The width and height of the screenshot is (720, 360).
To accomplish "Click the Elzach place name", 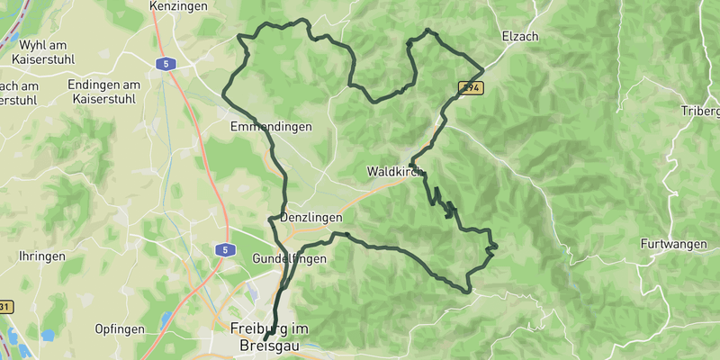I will pyautogui.click(x=519, y=37).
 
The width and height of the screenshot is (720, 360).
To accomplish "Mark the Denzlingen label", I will pyautogui.click(x=312, y=219).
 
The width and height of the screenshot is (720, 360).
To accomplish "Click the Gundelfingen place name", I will pyautogui.click(x=289, y=258).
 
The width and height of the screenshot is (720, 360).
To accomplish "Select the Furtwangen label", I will pyautogui.click(x=676, y=244).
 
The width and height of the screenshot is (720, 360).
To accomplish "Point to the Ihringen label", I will pyautogui.click(x=42, y=256).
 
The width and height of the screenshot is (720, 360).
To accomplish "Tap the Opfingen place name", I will pyautogui.click(x=118, y=329).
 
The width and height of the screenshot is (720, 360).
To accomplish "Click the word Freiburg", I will pyautogui.click(x=262, y=328).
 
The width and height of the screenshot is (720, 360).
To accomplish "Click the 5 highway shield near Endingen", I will pyautogui.click(x=164, y=64).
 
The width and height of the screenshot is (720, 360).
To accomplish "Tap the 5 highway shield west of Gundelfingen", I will pyautogui.click(x=225, y=249).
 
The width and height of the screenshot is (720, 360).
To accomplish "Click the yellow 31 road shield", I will pyautogui.click(x=4, y=307).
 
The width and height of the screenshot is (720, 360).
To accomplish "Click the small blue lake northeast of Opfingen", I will pyautogui.click(x=166, y=319).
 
